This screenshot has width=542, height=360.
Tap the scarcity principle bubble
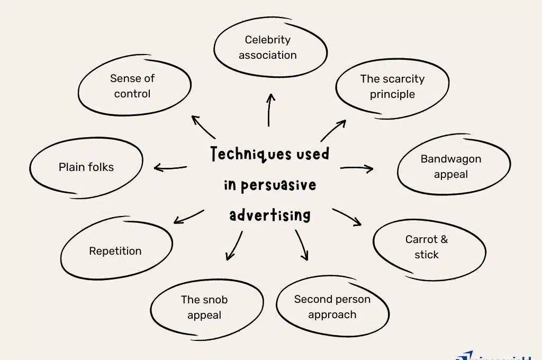[x=392, y=87]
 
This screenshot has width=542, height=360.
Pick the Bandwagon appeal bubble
[x=451, y=166]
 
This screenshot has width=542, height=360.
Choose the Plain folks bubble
[x=86, y=167]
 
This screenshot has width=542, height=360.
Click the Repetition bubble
[x=115, y=251]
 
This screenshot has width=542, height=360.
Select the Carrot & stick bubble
[x=427, y=247]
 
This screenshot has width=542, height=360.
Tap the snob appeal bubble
[x=204, y=307]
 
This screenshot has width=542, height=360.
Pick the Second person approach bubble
[x=332, y=307]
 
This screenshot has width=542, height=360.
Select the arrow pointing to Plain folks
[x=170, y=168]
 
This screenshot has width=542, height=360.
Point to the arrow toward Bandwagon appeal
[x=357, y=169]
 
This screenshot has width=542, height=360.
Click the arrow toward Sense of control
[x=203, y=127]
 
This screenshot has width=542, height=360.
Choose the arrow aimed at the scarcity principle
[x=333, y=130]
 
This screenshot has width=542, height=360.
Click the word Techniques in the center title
[x=243, y=155]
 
